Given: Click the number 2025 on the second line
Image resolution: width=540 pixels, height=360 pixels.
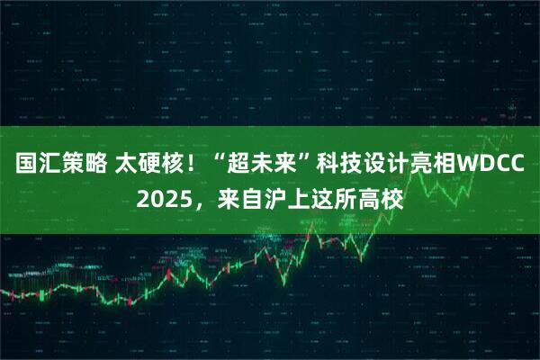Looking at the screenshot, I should click(x=163, y=196).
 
